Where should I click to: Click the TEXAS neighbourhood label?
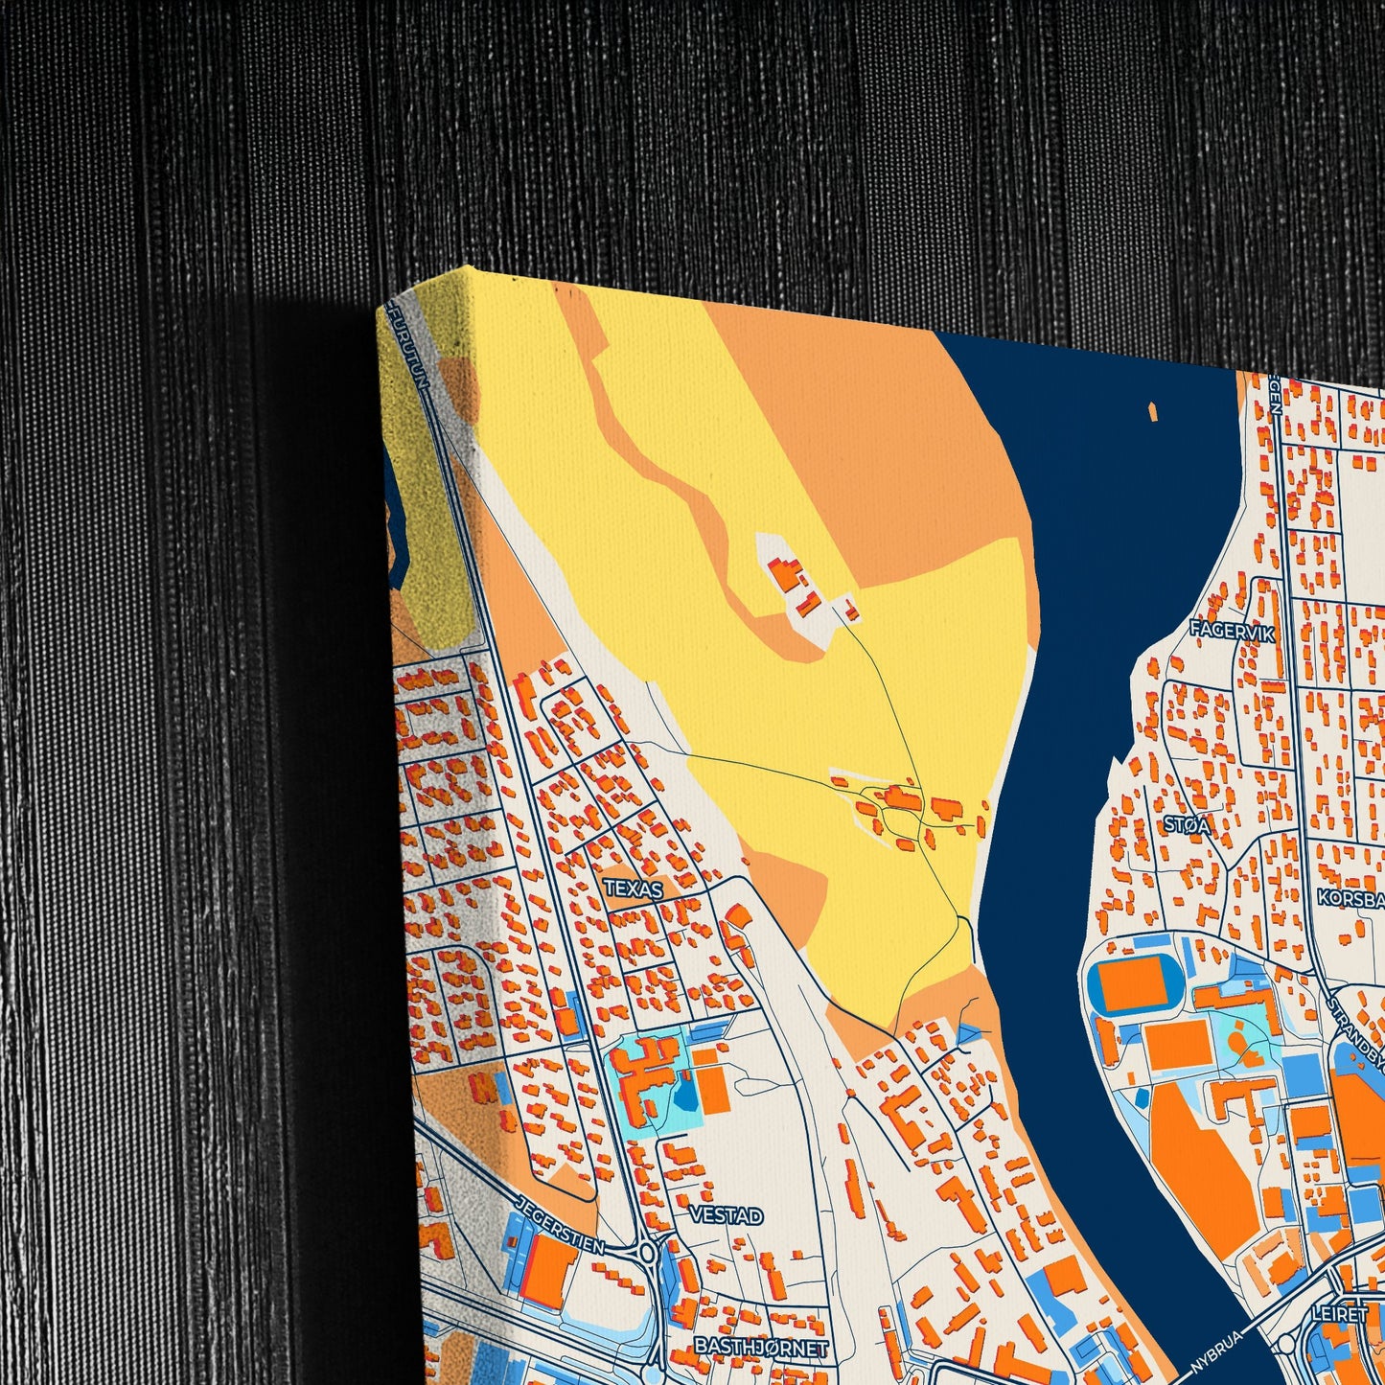coord(634,889)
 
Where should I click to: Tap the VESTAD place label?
coord(726,1215)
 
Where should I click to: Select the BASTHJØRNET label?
coord(761,1347)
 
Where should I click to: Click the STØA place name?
coord(1187,824)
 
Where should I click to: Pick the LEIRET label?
coord(1341,1313)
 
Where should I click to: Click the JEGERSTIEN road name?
coord(560,1224)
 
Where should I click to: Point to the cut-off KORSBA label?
coord(1350,899)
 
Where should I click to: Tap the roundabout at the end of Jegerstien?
coord(648,1252)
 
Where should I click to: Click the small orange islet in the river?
coord(1153,410)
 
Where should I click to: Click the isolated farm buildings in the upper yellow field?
coord(794,584)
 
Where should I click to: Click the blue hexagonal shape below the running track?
coord(1142,1096)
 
